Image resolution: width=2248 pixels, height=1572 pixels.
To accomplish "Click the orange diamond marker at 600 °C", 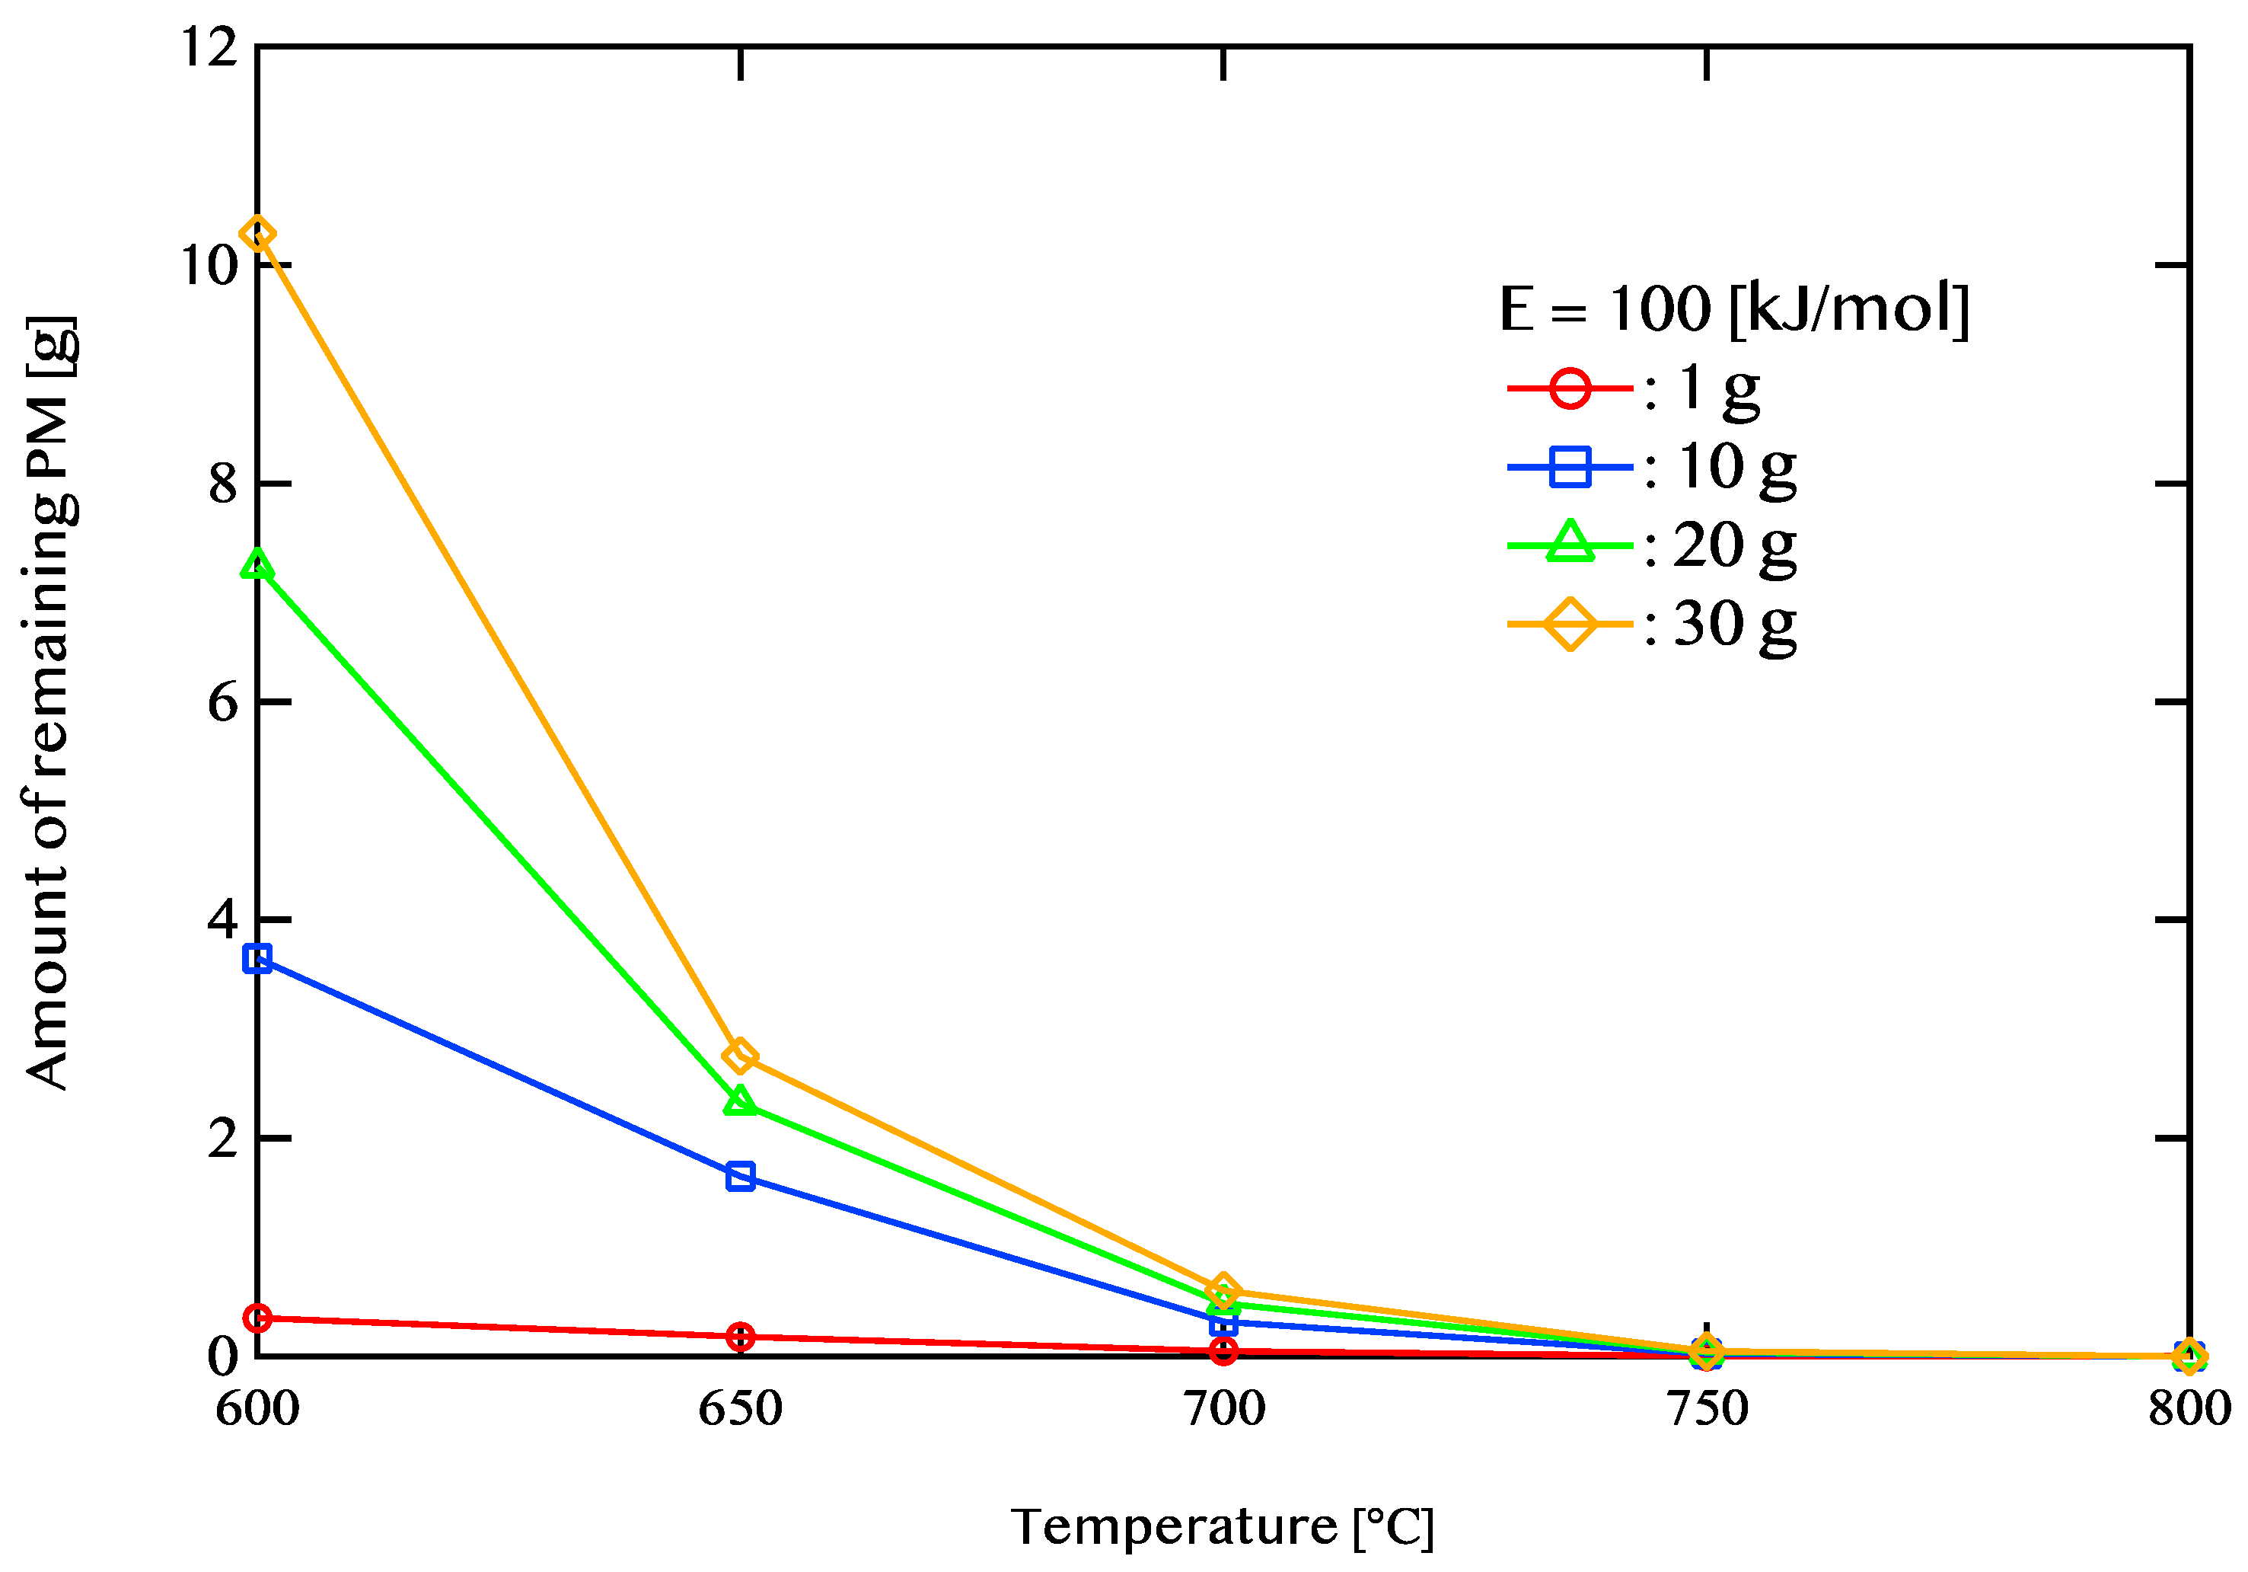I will pyautogui.click(x=257, y=234).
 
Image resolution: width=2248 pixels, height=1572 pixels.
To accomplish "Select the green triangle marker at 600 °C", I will pyautogui.click(x=257, y=565).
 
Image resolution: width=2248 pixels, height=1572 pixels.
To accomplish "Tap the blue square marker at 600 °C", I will pyautogui.click(x=257, y=958).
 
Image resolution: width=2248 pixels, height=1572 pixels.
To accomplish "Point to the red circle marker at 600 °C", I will pyautogui.click(x=257, y=1318).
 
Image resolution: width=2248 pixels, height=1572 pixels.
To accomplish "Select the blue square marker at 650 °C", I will pyautogui.click(x=740, y=1175).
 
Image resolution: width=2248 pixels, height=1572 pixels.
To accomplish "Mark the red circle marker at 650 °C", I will pyautogui.click(x=740, y=1336).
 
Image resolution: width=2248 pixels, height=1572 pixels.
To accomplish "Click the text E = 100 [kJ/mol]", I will pyautogui.click(x=1734, y=309).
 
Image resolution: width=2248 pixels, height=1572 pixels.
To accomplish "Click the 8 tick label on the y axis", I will pyautogui.click(x=223, y=483).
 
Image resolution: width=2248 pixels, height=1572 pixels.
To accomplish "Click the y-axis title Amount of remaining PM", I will pyautogui.click(x=49, y=702).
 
